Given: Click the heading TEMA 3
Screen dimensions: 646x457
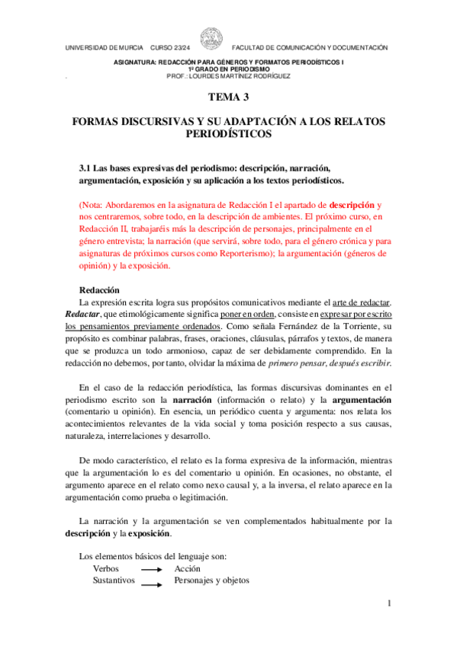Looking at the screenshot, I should (228, 97).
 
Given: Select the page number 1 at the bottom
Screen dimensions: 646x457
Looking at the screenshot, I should (388, 603).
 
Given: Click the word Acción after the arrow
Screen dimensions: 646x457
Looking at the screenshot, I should (188, 568).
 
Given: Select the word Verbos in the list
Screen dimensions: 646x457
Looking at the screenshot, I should (106, 568).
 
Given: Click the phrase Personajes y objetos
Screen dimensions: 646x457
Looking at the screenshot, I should (211, 580).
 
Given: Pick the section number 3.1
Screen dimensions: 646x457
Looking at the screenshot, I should (85, 168).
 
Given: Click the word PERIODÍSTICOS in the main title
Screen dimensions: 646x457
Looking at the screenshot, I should (228, 134).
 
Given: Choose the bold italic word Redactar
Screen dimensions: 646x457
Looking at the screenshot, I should (77, 315).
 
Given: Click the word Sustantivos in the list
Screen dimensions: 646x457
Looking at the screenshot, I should (114, 580).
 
